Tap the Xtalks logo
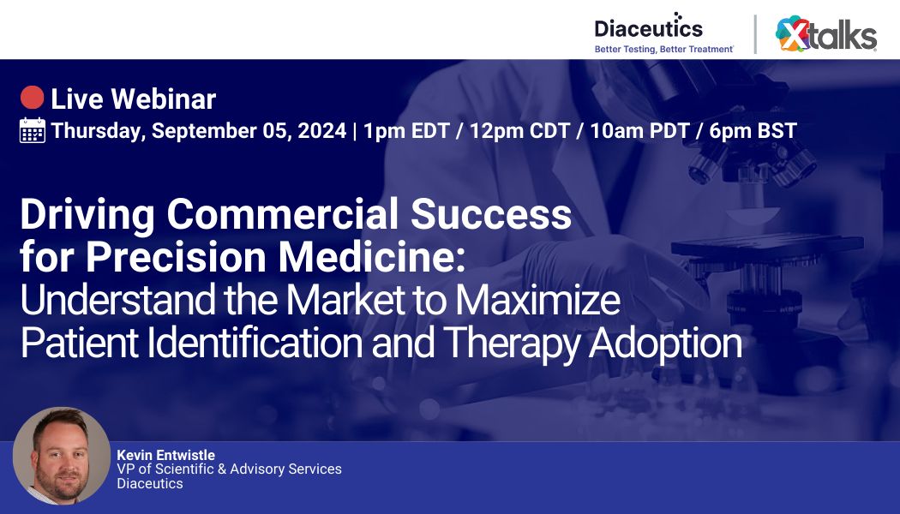tap(826, 35)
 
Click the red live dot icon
tap(33, 99)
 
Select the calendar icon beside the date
tap(33, 130)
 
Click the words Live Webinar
tap(133, 99)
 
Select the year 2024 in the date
tap(321, 131)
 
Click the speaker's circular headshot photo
tap(62, 456)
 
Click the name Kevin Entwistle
tap(165, 455)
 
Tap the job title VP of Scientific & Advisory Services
tap(229, 469)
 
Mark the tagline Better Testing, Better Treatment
tap(663, 50)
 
